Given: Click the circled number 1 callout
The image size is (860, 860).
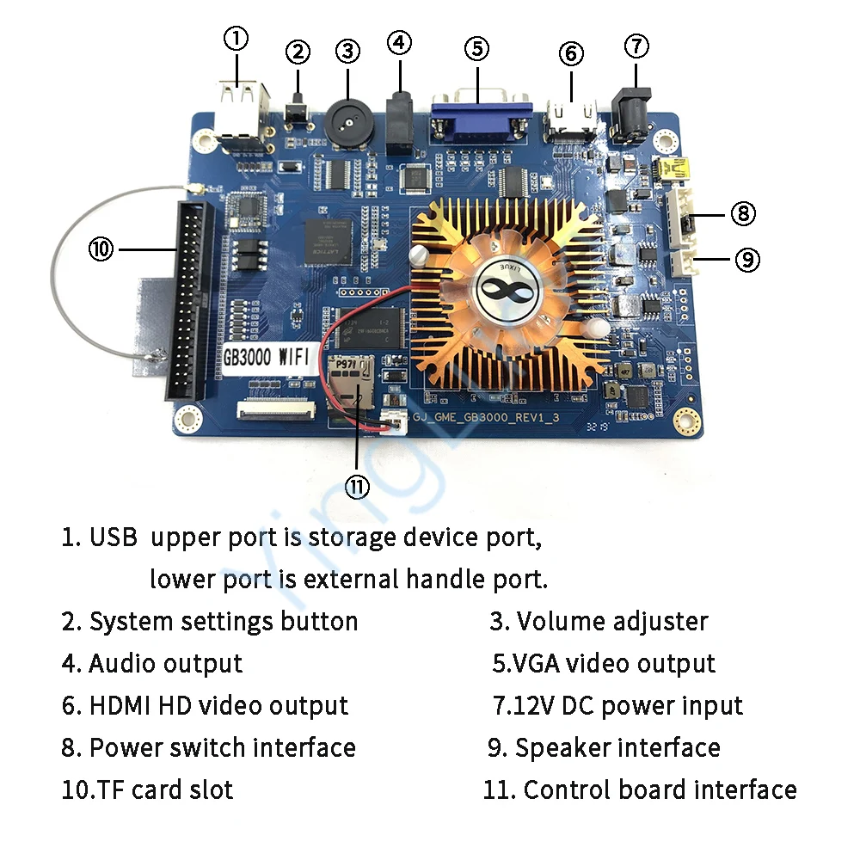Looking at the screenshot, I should coord(236,39).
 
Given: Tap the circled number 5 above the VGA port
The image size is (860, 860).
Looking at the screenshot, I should coord(479,48).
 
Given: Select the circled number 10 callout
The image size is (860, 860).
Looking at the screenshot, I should coord(101,249).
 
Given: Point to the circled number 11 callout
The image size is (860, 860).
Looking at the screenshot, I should coord(357,486).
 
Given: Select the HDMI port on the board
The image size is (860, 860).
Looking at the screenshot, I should coord(569,121).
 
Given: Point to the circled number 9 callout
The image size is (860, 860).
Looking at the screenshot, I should coord(747,258).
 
